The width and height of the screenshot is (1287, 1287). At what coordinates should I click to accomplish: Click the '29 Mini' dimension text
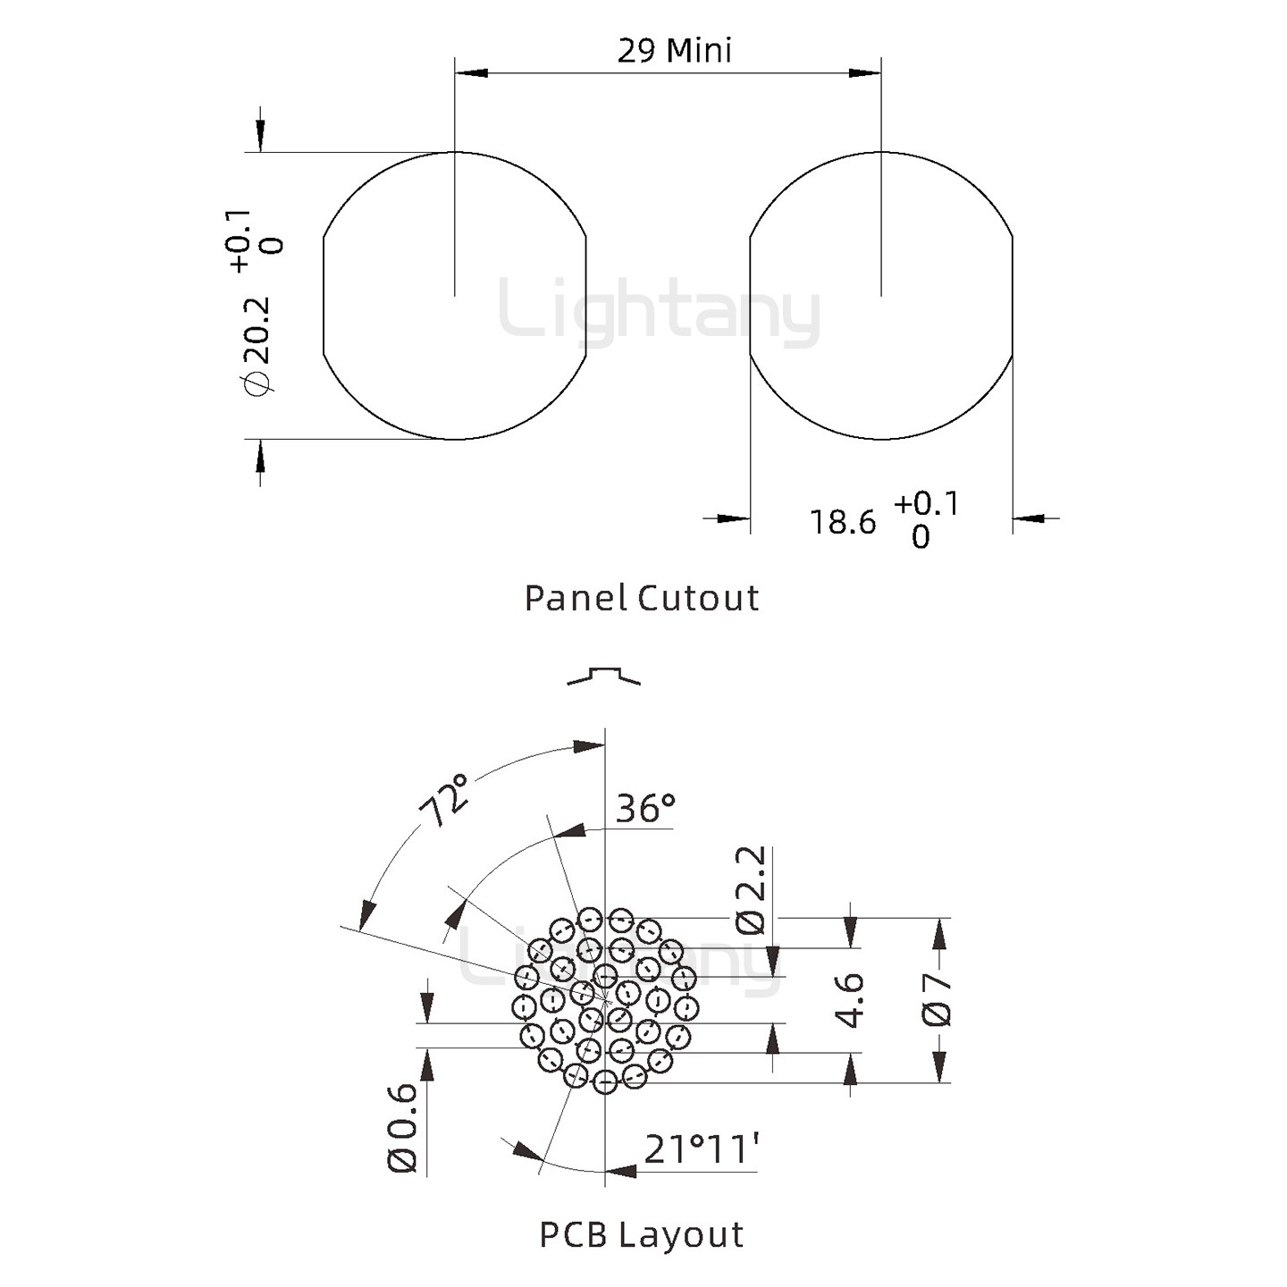pos(674,50)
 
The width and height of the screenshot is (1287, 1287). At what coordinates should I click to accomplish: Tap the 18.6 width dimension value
pos(842,522)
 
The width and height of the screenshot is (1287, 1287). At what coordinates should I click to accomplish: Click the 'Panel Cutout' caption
pos(642,598)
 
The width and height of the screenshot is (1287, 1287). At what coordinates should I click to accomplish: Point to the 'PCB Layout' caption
pos(642,1234)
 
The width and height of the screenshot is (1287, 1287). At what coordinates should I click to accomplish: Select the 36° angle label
pos(645,808)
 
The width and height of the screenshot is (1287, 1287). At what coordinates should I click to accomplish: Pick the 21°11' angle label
pos(702,1148)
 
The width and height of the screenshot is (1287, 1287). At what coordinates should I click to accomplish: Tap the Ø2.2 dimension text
pos(751,889)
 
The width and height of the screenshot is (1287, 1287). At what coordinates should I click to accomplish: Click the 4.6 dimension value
pos(848,1000)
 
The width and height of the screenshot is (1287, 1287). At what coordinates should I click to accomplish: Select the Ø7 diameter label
pos(938,1000)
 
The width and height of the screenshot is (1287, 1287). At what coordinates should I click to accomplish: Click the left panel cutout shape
pos(454,296)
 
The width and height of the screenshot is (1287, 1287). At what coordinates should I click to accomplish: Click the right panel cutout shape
pos(881,296)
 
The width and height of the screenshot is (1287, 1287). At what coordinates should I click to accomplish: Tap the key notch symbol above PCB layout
pos(604,676)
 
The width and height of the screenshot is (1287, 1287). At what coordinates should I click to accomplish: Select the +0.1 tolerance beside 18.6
pos(926,503)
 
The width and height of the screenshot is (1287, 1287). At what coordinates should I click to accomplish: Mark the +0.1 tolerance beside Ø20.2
pos(239,240)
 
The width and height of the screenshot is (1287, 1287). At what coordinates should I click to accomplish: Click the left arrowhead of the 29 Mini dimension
pos(470,71)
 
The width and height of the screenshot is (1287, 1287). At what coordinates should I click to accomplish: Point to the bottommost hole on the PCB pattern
pos(605,1082)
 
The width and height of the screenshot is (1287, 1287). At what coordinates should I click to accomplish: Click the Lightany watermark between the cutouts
pos(660,311)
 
